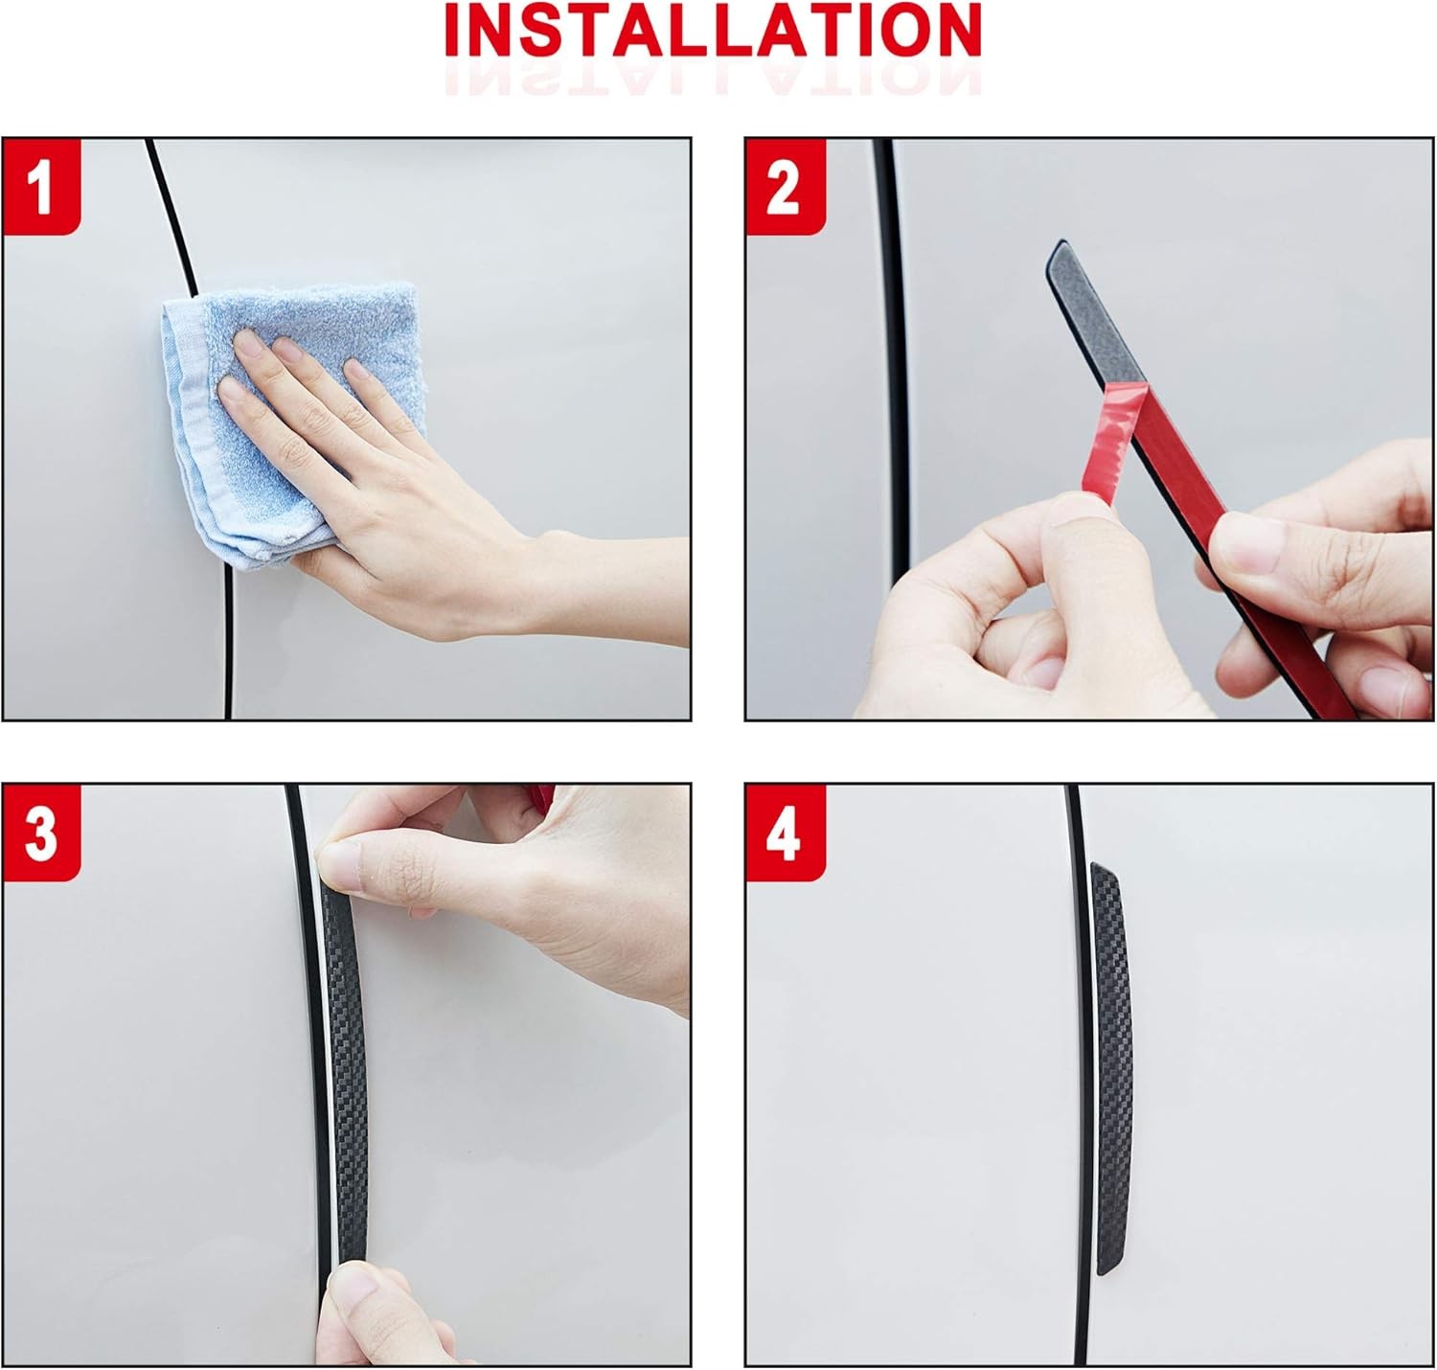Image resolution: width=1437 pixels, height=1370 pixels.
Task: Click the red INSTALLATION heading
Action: click(x=713, y=30)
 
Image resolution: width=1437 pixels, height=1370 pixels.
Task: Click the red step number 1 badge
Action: click(x=41, y=187)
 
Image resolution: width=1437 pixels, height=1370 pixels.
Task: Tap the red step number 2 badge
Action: click(x=785, y=187)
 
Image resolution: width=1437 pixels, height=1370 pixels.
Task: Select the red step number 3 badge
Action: click(x=41, y=832)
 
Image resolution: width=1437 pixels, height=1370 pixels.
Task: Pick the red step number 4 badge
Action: click(x=785, y=832)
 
